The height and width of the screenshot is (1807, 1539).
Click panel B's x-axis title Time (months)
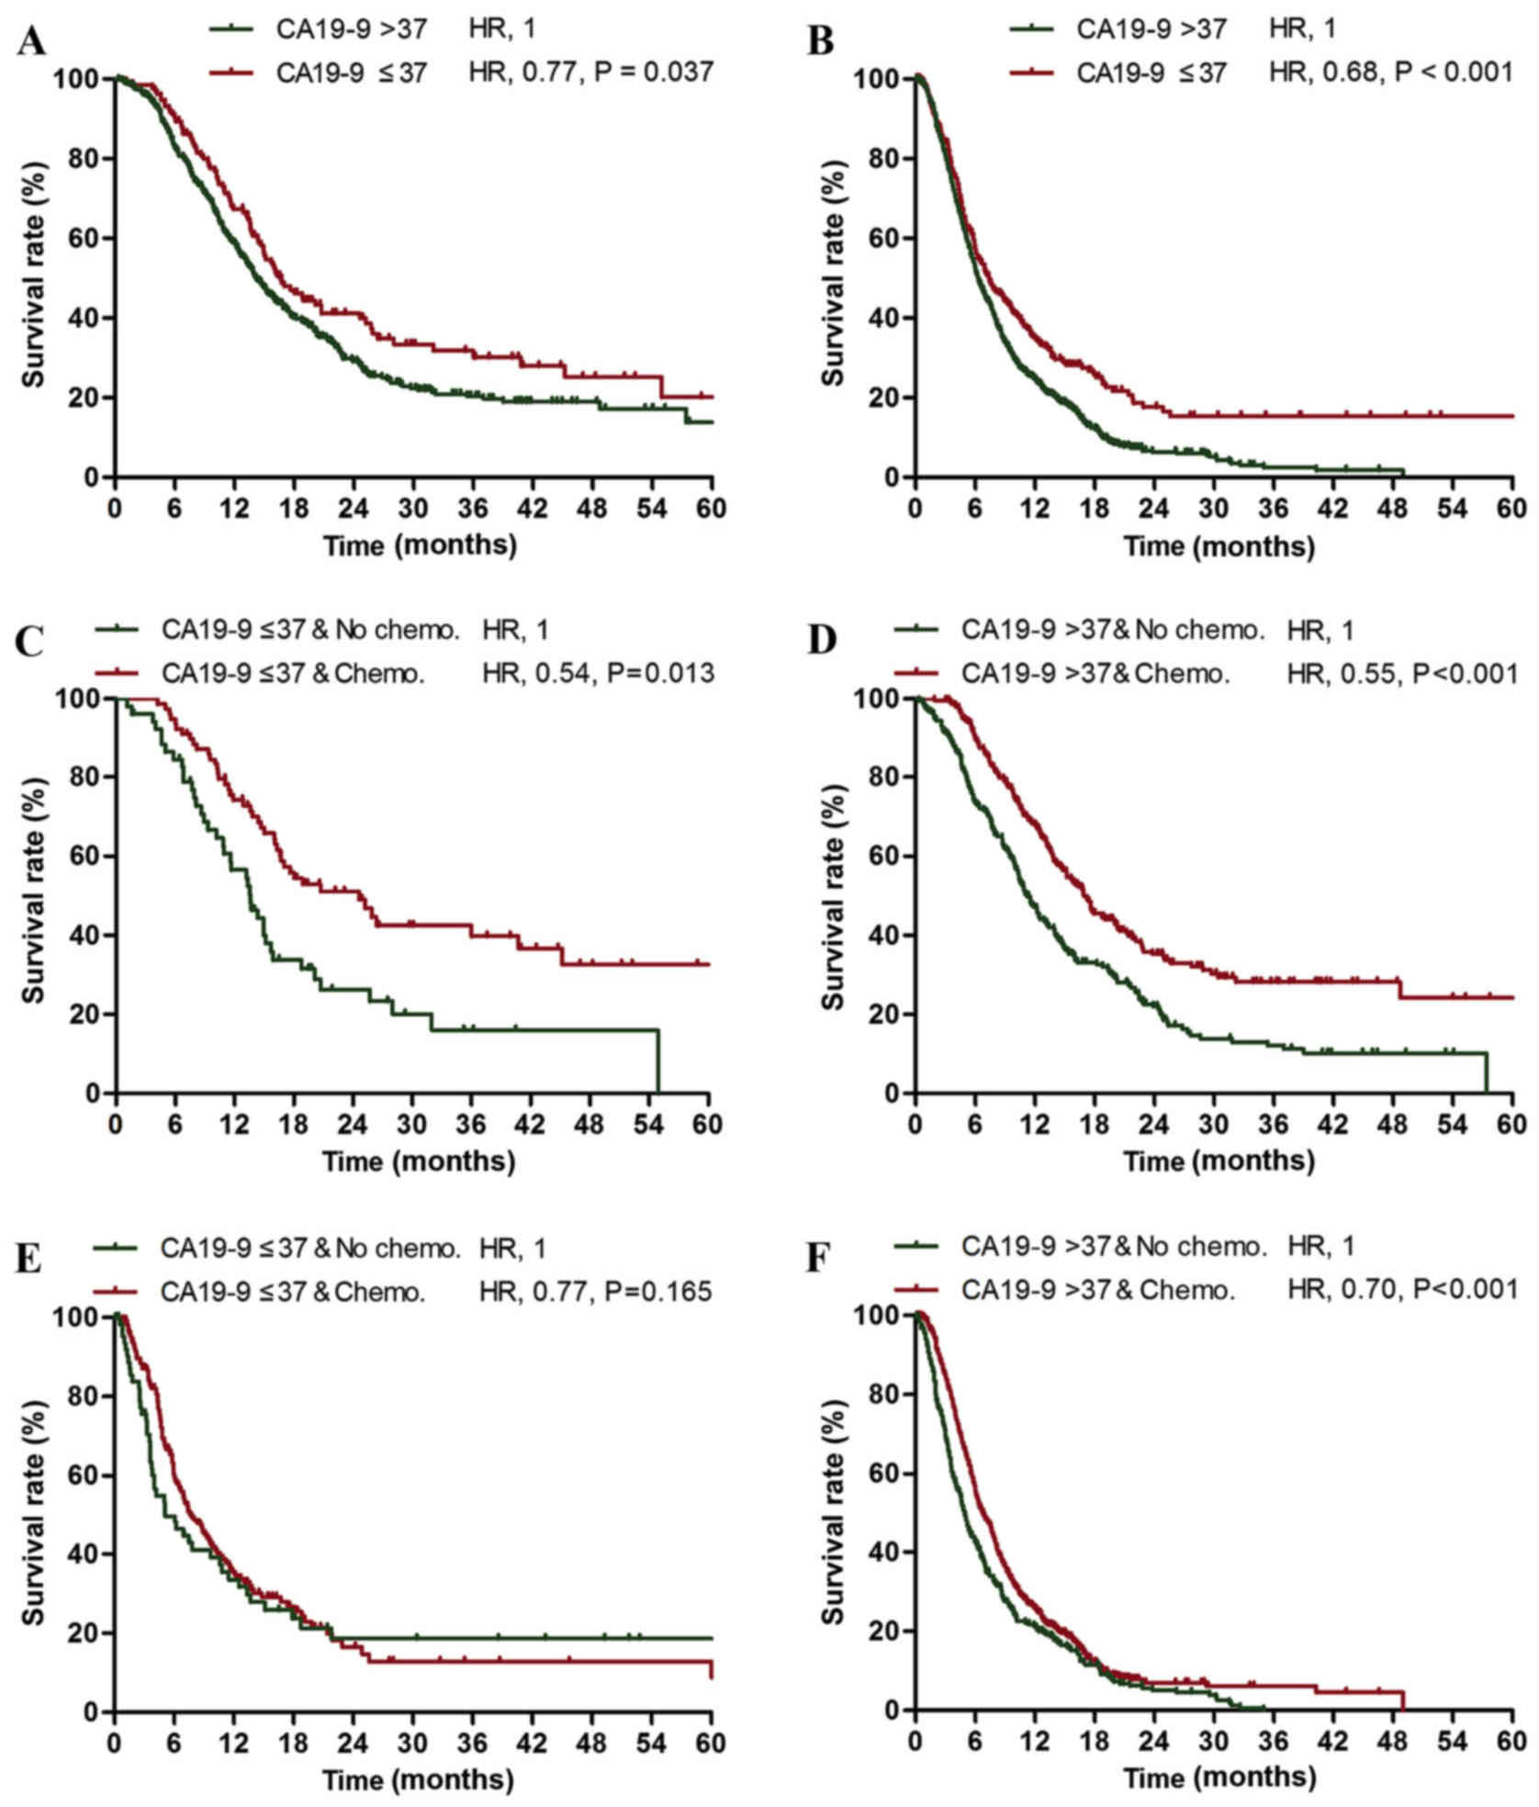tap(1219, 546)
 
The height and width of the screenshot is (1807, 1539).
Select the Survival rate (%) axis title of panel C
tap(34, 895)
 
